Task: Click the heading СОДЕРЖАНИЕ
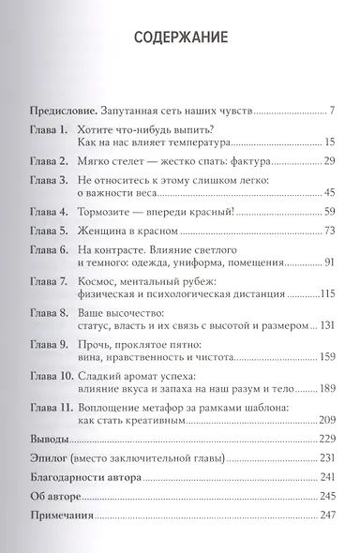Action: point(180,40)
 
